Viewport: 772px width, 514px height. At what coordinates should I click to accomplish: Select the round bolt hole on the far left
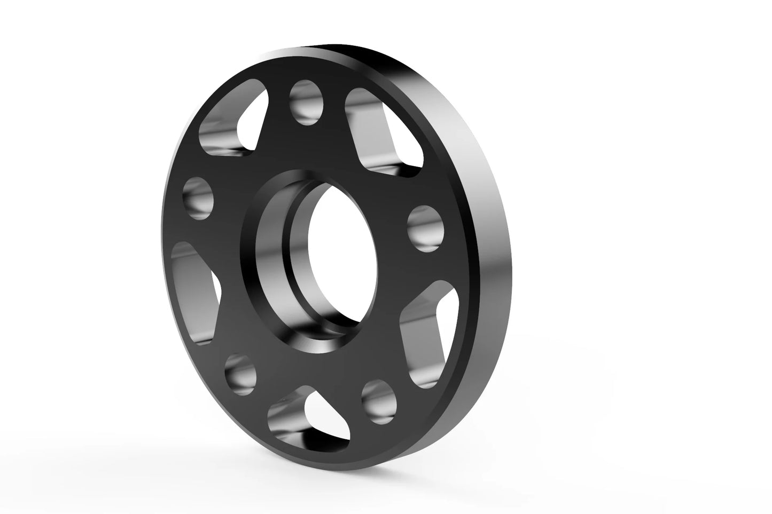click(198, 198)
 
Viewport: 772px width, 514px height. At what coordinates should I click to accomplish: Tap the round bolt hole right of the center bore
click(426, 228)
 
